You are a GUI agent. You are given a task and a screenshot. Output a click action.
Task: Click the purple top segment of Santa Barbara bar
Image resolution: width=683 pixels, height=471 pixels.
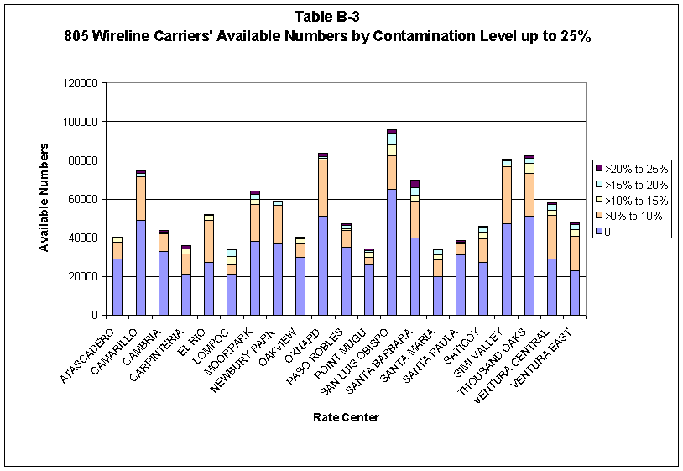point(414,184)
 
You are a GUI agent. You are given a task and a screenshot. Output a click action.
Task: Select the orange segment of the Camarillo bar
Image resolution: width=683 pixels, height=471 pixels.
point(141,198)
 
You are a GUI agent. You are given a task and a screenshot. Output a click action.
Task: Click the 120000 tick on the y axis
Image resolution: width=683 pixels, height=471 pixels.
point(81,83)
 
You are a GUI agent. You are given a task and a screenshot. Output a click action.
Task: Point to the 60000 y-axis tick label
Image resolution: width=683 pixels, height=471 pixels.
point(83,199)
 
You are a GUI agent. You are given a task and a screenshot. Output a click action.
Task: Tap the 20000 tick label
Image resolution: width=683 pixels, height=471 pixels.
point(83,276)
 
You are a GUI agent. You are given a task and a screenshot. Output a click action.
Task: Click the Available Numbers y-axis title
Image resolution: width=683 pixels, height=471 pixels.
point(44,197)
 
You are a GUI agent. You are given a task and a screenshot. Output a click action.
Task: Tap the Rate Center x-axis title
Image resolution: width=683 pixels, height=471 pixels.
point(346,417)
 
